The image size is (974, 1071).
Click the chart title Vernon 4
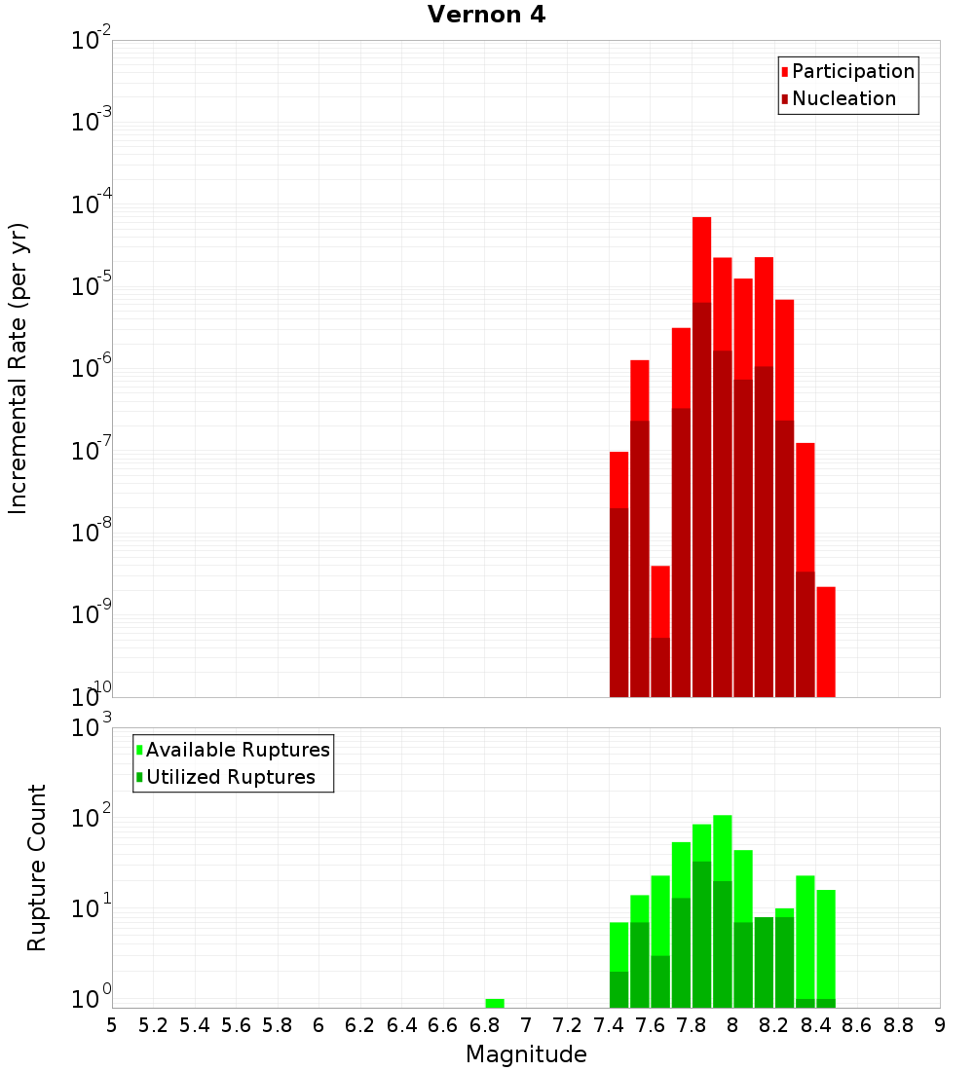coord(486,15)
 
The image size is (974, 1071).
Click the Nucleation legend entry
coord(843,98)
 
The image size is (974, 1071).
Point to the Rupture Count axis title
coord(37,867)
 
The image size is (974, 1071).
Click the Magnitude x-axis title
coord(526,1054)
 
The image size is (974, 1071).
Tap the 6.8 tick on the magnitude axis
coord(484,1025)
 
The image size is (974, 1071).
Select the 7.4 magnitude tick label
coord(609,1025)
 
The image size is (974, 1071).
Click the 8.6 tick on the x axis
coord(857,1025)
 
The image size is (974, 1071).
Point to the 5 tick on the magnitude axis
coord(112,1025)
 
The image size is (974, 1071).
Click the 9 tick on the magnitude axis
coord(940,1025)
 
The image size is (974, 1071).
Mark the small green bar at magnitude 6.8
coord(495,1003)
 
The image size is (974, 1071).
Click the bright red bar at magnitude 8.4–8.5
coord(826,643)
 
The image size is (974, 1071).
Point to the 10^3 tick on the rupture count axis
coord(94,727)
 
